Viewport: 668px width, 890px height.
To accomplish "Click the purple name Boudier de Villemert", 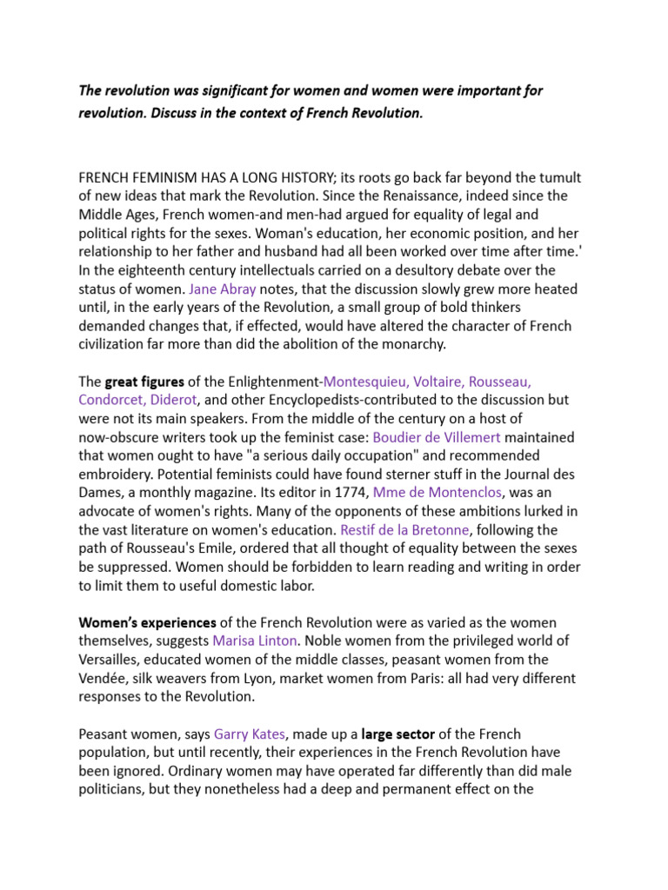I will pyautogui.click(x=437, y=436).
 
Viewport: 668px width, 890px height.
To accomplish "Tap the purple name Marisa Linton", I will pyautogui.click(x=256, y=641).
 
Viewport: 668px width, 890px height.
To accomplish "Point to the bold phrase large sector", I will pyautogui.click(x=399, y=734).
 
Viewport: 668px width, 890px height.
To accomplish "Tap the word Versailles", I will pyautogui.click(x=110, y=660).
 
